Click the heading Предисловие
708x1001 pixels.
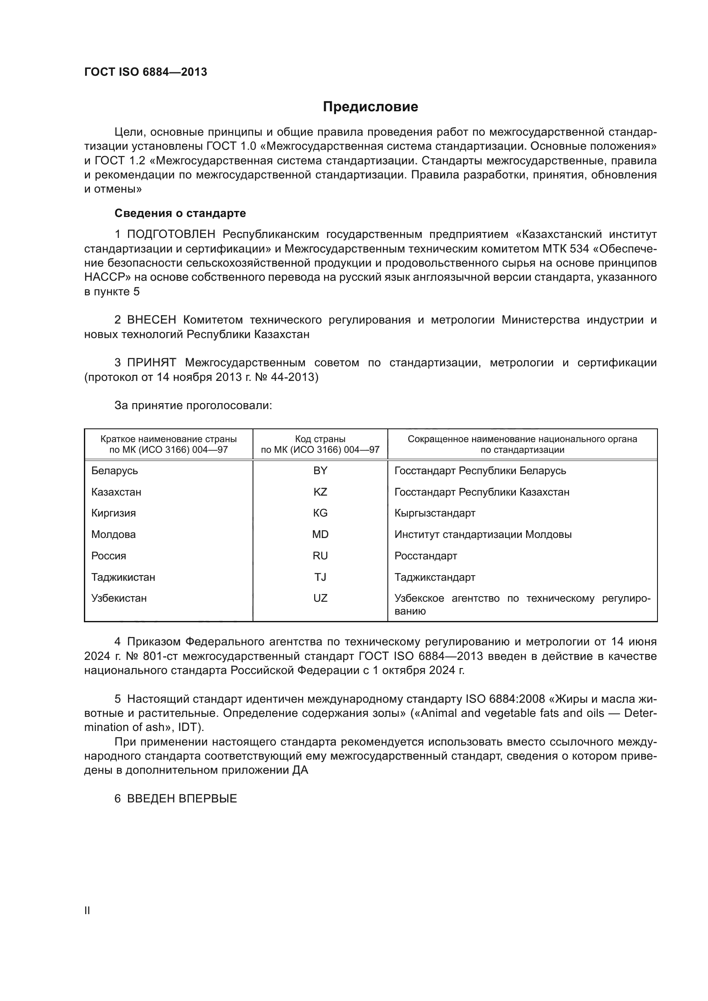coord(370,107)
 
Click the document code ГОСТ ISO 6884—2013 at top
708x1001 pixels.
coord(146,72)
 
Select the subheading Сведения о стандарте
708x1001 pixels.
coord(180,213)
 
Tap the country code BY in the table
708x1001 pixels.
coord(320,471)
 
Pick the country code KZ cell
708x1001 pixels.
coord(320,492)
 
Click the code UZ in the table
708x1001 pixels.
coord(320,598)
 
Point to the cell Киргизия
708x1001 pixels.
coord(113,513)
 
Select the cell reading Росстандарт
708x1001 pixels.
coord(425,556)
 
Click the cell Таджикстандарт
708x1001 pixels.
coord(434,577)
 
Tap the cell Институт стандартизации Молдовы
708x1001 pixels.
coord(482,535)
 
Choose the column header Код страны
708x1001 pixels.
coord(320,439)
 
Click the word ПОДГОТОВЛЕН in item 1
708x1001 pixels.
coord(171,235)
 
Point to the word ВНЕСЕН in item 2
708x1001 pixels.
coord(151,320)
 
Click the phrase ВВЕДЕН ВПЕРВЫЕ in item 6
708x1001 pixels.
coord(182,799)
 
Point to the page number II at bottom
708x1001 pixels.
coord(87,911)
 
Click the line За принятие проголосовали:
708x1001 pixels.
coord(193,405)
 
